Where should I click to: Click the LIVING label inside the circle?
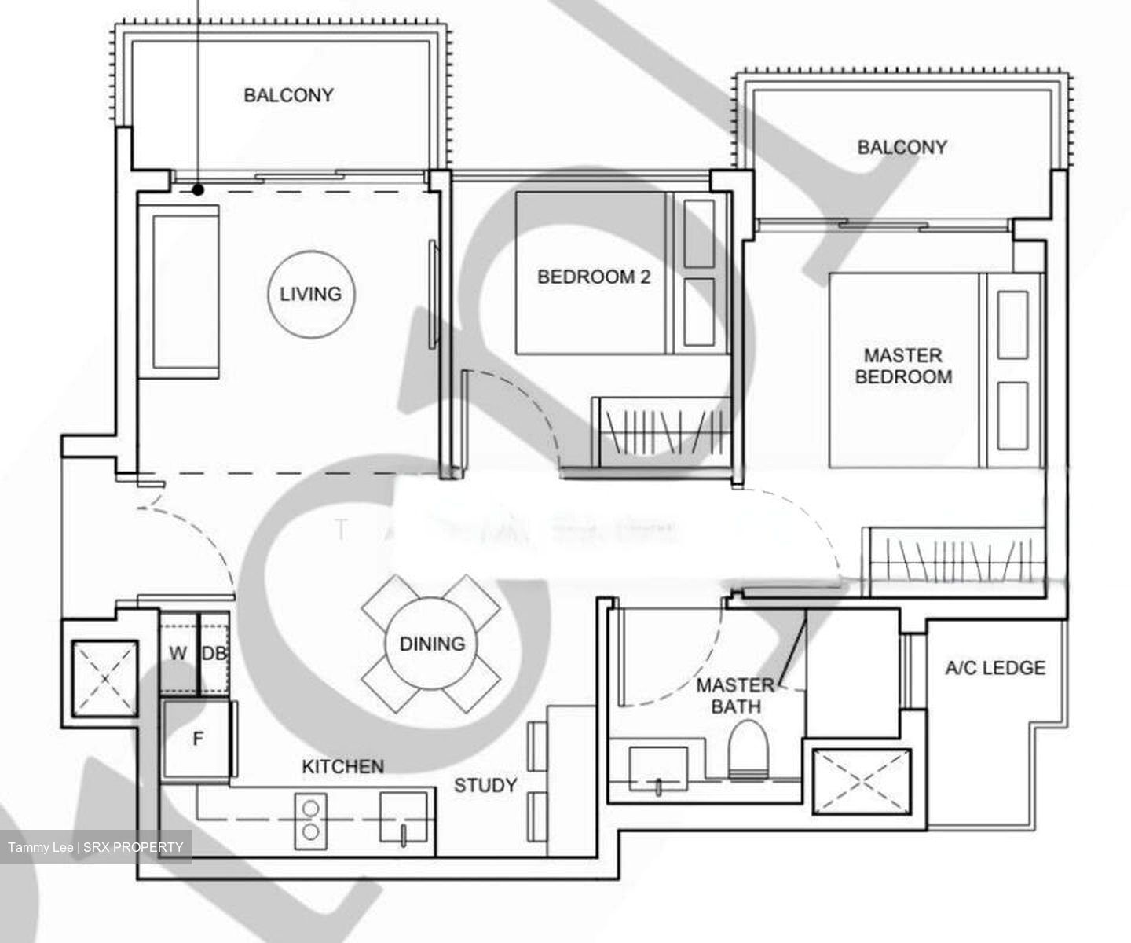point(311,294)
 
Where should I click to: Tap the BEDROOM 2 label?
point(594,277)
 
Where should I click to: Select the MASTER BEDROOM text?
point(903,366)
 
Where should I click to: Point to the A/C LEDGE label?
point(995,668)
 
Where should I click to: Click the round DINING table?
point(432,644)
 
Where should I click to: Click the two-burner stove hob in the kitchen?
point(311,820)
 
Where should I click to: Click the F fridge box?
point(198,739)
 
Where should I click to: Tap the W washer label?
point(178,653)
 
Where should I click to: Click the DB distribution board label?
point(214,653)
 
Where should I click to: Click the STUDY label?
point(485,785)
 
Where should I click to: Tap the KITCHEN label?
point(343,766)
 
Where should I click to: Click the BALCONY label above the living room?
point(288,95)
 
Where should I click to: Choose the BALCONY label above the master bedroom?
point(902,147)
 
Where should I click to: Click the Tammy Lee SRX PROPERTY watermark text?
point(96,847)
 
